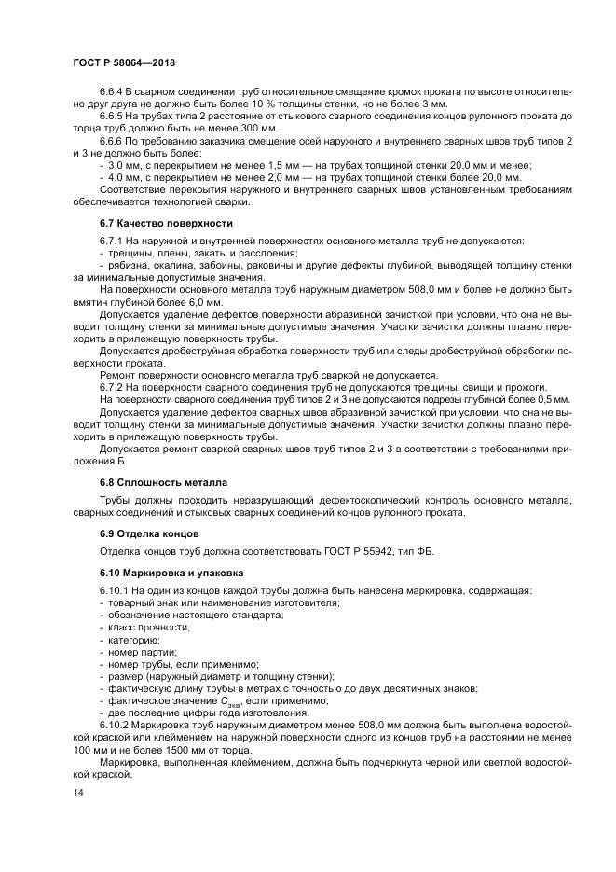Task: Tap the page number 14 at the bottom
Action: tap(77, 792)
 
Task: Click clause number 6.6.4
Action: tap(111, 90)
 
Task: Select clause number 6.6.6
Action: tap(111, 139)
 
